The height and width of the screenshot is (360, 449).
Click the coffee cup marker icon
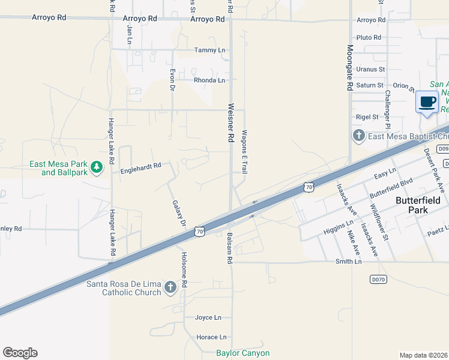click(x=427, y=102)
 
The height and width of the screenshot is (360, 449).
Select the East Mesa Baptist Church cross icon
click(x=359, y=136)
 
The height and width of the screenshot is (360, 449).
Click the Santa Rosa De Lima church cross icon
click(x=170, y=287)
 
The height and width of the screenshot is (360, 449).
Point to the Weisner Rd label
click(x=230, y=122)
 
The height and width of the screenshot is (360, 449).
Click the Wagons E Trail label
click(x=244, y=152)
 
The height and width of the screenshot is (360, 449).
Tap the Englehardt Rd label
click(x=141, y=166)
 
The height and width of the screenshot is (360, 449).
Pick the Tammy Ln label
click(x=209, y=50)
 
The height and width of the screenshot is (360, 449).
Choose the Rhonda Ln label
click(x=209, y=80)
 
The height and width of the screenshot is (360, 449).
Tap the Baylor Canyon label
click(x=243, y=353)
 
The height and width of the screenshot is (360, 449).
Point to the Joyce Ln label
click(x=208, y=317)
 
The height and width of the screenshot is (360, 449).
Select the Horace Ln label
click(x=211, y=337)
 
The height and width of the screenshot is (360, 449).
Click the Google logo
click(x=20, y=353)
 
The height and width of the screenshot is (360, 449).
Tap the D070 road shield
click(x=378, y=279)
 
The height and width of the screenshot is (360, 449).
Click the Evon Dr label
click(x=172, y=79)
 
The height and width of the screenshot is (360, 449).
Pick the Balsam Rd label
click(x=229, y=249)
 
